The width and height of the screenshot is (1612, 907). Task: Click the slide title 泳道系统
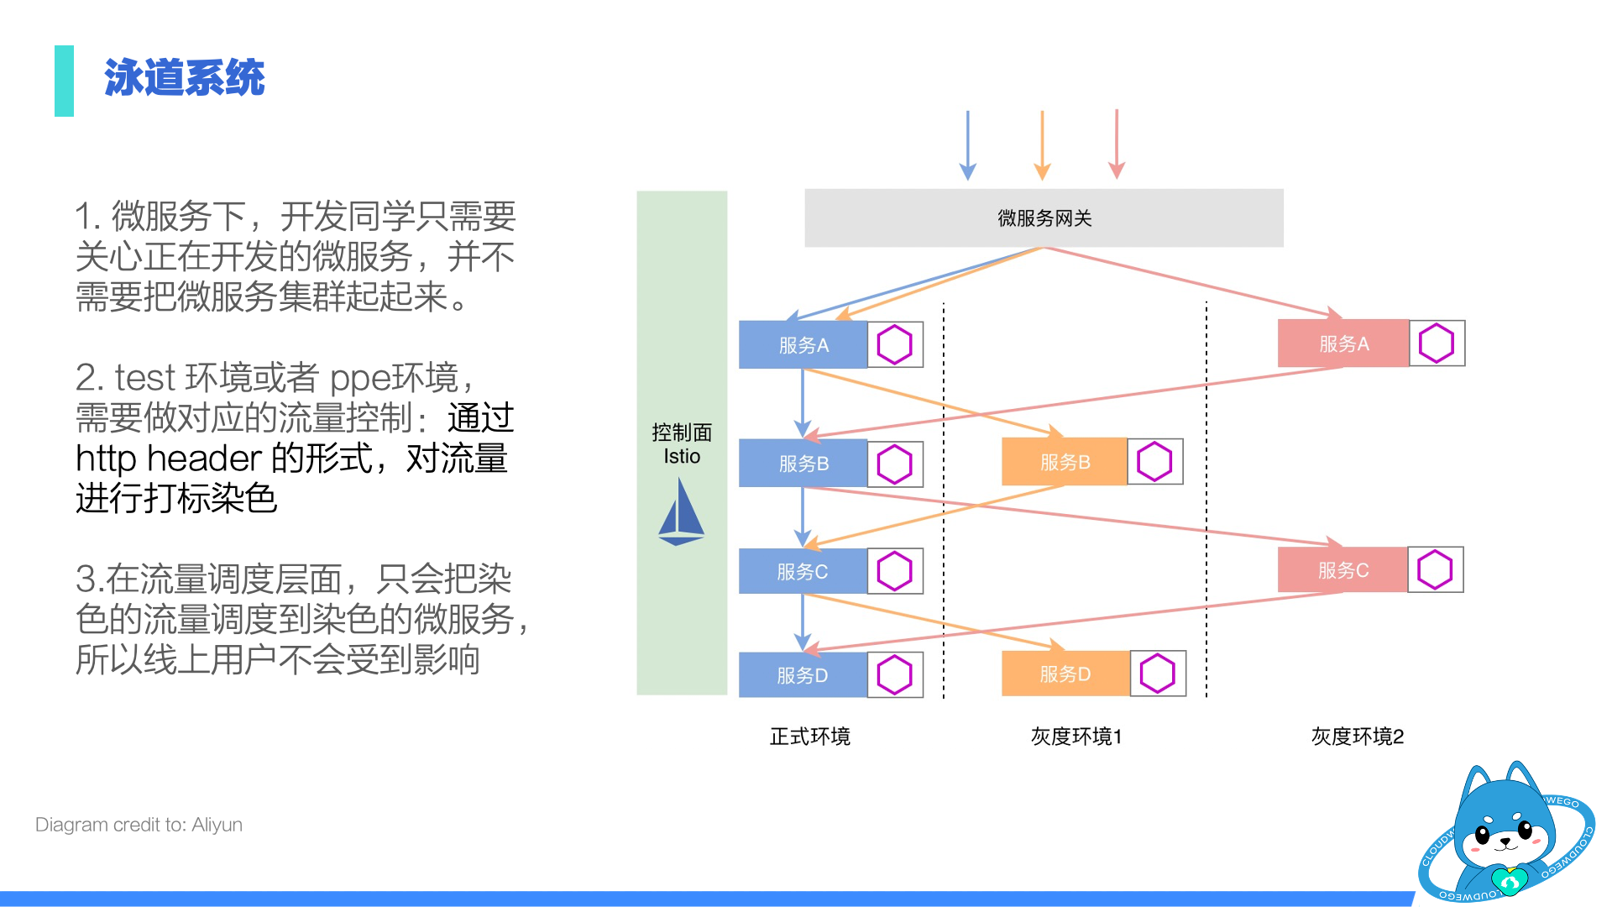184,78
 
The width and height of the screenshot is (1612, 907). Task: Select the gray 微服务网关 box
1044,218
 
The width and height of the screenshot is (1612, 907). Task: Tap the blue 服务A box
803,344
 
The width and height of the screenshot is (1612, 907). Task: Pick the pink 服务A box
1342,343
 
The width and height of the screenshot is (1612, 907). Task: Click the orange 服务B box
1064,462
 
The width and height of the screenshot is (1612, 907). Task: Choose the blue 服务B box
803,464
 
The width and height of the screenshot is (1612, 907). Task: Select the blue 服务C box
802,572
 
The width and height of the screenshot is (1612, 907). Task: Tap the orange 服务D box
1065,674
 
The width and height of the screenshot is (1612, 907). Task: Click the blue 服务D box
802,675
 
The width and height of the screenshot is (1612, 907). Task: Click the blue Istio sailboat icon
681,512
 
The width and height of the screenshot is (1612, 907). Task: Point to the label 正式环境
809,737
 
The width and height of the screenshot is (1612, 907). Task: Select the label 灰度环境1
1076,737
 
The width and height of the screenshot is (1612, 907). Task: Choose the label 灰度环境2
1357,737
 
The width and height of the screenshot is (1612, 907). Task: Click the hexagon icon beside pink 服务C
1435,570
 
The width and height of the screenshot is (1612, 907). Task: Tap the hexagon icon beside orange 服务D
1158,674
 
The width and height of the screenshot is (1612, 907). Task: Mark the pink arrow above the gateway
1117,144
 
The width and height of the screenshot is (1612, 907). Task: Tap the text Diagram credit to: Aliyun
139,825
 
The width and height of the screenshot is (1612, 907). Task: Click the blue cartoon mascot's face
1504,831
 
